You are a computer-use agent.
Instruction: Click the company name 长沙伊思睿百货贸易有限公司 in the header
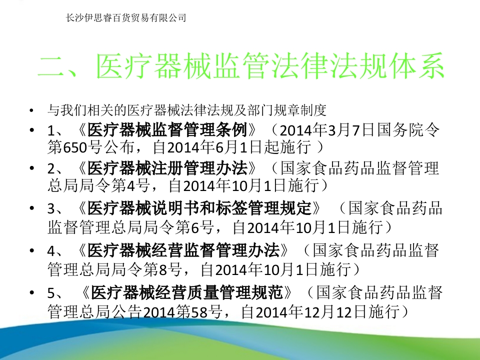[x=126, y=18]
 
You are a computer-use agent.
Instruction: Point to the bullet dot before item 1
[x=32, y=131]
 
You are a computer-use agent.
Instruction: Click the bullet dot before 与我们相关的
[x=32, y=109]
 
